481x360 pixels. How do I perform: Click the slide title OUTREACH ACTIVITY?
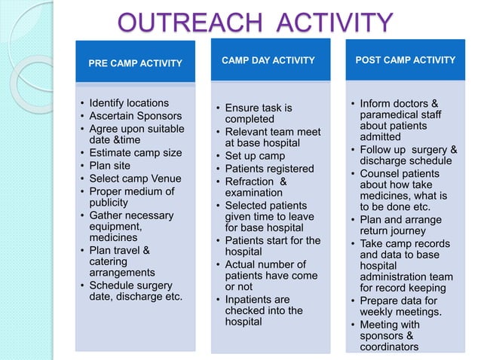click(x=256, y=22)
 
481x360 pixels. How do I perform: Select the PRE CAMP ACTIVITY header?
click(x=135, y=63)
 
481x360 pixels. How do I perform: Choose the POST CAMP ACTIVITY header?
click(x=406, y=59)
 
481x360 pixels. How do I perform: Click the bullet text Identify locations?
click(x=129, y=102)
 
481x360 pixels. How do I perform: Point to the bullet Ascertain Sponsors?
click(x=136, y=115)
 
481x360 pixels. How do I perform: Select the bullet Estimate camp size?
click(x=136, y=153)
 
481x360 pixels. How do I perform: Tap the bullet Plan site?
click(x=110, y=166)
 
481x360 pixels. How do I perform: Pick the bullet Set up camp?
click(x=256, y=156)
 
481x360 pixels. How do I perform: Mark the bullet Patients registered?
click(x=269, y=169)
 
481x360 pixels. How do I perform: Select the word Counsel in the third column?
click(x=381, y=173)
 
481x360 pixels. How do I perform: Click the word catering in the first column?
click(x=109, y=261)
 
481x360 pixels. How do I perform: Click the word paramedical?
click(x=391, y=114)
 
